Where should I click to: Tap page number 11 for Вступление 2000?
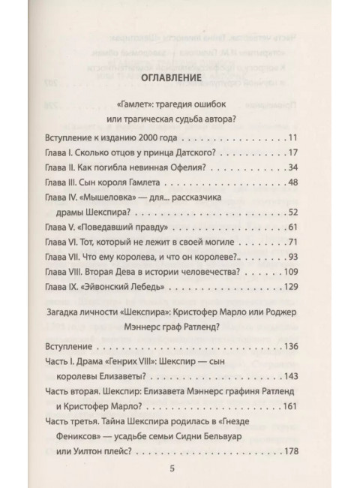tap(293, 138)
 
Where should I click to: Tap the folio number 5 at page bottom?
tap(172, 471)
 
